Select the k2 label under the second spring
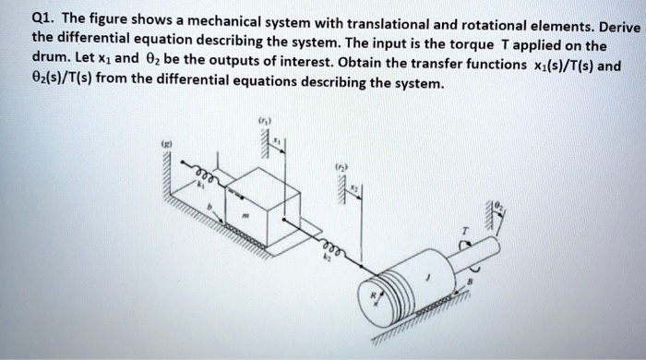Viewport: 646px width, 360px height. click(x=324, y=261)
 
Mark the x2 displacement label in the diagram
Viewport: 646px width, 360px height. click(x=361, y=188)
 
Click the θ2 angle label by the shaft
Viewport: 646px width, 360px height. click(x=499, y=208)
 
